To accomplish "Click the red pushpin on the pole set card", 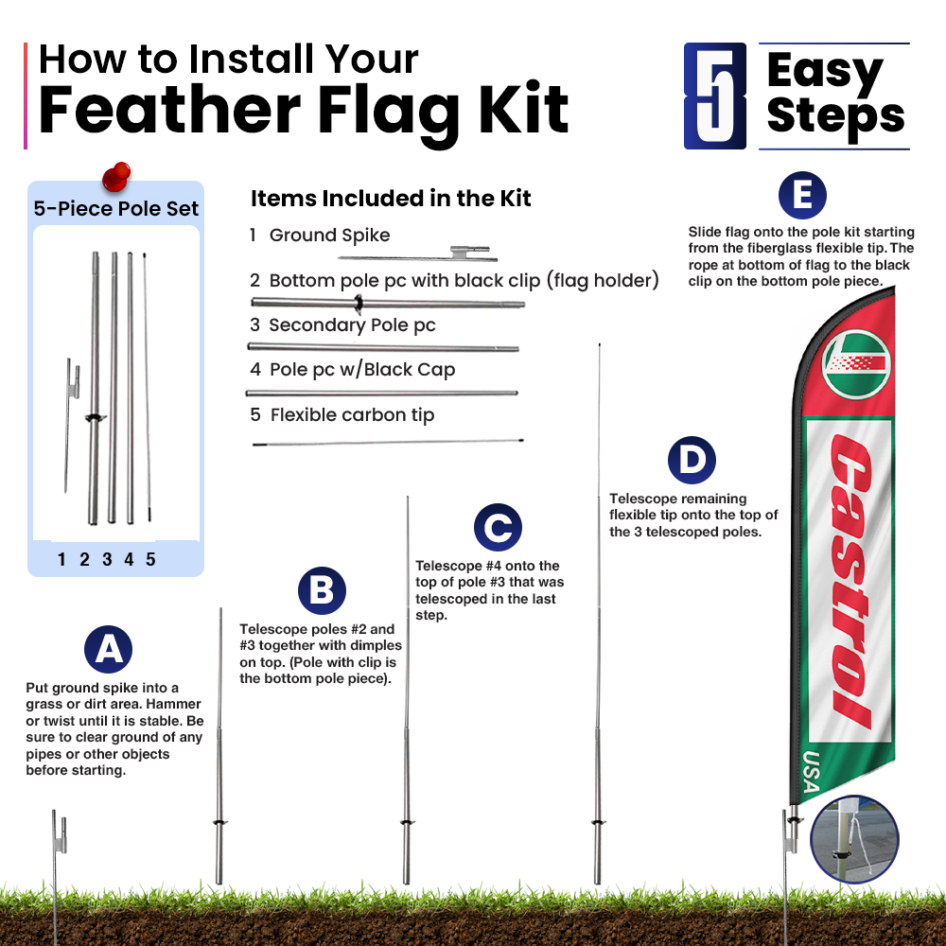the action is coord(116,176).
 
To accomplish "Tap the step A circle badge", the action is coord(108,649).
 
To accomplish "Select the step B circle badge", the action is coord(322,590).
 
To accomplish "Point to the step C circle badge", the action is coord(498,527).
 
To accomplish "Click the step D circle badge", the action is coord(692,460).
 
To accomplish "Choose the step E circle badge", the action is coord(802,196).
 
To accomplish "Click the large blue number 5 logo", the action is coord(715,96).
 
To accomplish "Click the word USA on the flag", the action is coord(812,772).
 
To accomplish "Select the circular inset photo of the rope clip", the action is coord(854,839).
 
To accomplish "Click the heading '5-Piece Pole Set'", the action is coord(115,209).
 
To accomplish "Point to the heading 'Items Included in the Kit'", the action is coord(391,199).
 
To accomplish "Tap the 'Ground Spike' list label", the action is coord(329,236).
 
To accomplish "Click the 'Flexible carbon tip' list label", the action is coord(352,415).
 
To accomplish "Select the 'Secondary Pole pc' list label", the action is coord(352,325).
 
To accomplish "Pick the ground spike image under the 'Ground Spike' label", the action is coord(417,254).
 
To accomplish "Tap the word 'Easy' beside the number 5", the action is coord(825,72).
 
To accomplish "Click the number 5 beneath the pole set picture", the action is coord(150,559).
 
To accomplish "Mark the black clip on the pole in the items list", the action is coord(359,304).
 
